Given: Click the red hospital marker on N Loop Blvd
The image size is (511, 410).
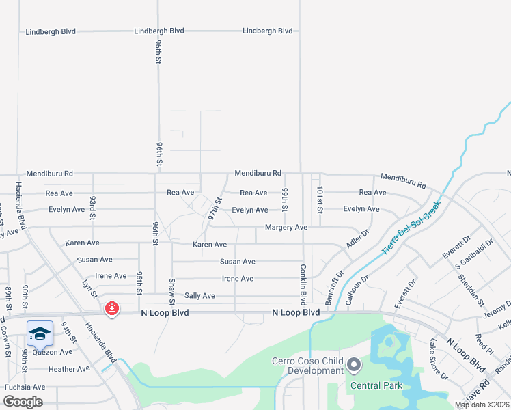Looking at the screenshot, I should tap(111, 310).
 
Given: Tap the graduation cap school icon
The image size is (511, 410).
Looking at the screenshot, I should tap(40, 333).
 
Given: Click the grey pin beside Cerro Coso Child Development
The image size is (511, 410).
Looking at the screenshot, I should tap(353, 366).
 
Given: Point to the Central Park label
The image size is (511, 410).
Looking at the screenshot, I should tap(376, 385).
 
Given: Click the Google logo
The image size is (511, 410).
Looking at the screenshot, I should tap(22, 402).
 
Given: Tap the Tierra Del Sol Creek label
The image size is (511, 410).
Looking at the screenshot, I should tap(411, 228).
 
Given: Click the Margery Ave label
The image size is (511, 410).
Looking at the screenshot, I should tap(287, 227).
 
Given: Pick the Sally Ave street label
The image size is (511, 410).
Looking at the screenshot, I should tap(199, 296).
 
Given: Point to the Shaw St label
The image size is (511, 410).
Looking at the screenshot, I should tap(171, 291).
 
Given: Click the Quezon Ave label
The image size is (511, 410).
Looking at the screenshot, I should tap(52, 352).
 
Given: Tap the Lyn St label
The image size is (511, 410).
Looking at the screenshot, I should tap(89, 288).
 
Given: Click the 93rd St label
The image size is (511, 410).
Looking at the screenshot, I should tap(93, 204).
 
